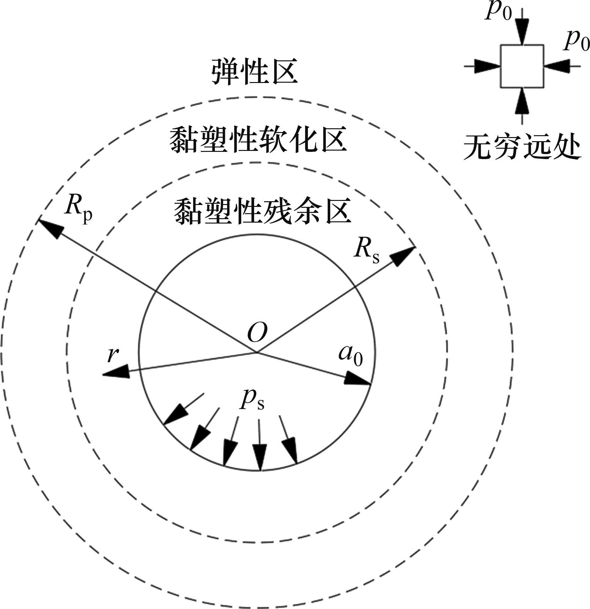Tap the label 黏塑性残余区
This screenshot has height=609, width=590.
coord(262,210)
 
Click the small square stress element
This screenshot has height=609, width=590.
coord(522,66)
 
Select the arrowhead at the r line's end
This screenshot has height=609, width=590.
coord(116,372)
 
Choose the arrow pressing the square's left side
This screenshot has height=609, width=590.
coord(486,66)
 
